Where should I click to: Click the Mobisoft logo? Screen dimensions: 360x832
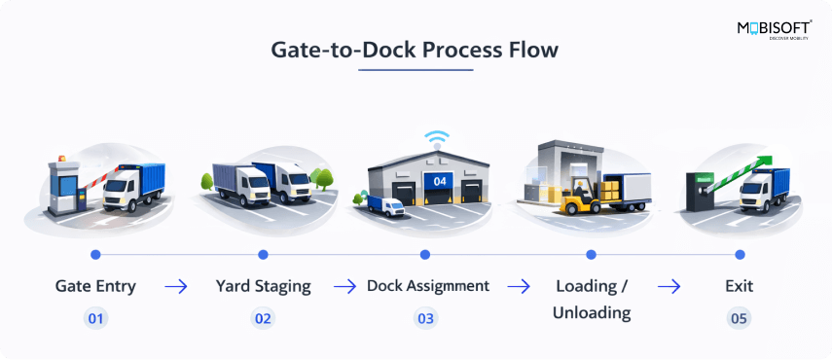click(x=774, y=29)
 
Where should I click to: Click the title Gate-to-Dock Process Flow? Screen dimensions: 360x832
click(x=416, y=50)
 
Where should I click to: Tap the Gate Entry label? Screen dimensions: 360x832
click(x=95, y=287)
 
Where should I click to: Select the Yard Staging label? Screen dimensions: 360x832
click(x=263, y=287)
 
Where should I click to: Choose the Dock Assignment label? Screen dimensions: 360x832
click(x=427, y=287)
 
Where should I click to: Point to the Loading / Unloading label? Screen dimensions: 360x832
click(x=592, y=300)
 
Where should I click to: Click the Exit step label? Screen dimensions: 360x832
click(x=740, y=287)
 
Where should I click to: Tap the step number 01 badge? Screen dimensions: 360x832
click(x=95, y=318)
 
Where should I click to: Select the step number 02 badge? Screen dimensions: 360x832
click(x=263, y=318)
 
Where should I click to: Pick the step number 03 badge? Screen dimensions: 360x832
click(x=425, y=318)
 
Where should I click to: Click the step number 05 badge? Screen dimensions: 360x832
click(x=740, y=318)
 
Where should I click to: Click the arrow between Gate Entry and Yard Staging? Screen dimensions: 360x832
click(x=176, y=287)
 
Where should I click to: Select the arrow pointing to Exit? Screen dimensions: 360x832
click(x=669, y=287)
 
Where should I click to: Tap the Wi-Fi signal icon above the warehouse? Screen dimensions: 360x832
click(x=436, y=138)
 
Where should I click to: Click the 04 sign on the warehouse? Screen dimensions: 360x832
click(x=440, y=181)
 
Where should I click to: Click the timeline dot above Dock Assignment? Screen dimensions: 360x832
click(x=425, y=255)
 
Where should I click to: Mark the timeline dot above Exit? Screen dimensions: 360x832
click(x=740, y=255)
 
